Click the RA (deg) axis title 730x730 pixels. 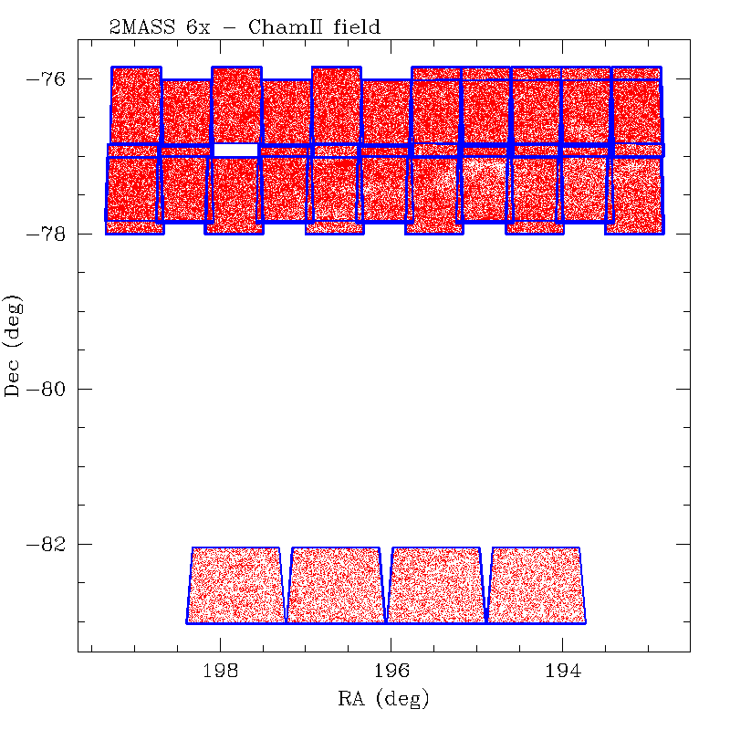pos(382,700)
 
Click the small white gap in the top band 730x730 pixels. pos(235,150)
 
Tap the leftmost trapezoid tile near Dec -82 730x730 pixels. pos(235,585)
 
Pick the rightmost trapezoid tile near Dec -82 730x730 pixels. pos(536,585)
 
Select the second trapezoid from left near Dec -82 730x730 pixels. pos(336,585)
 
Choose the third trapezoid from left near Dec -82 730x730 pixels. pos(436,585)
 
